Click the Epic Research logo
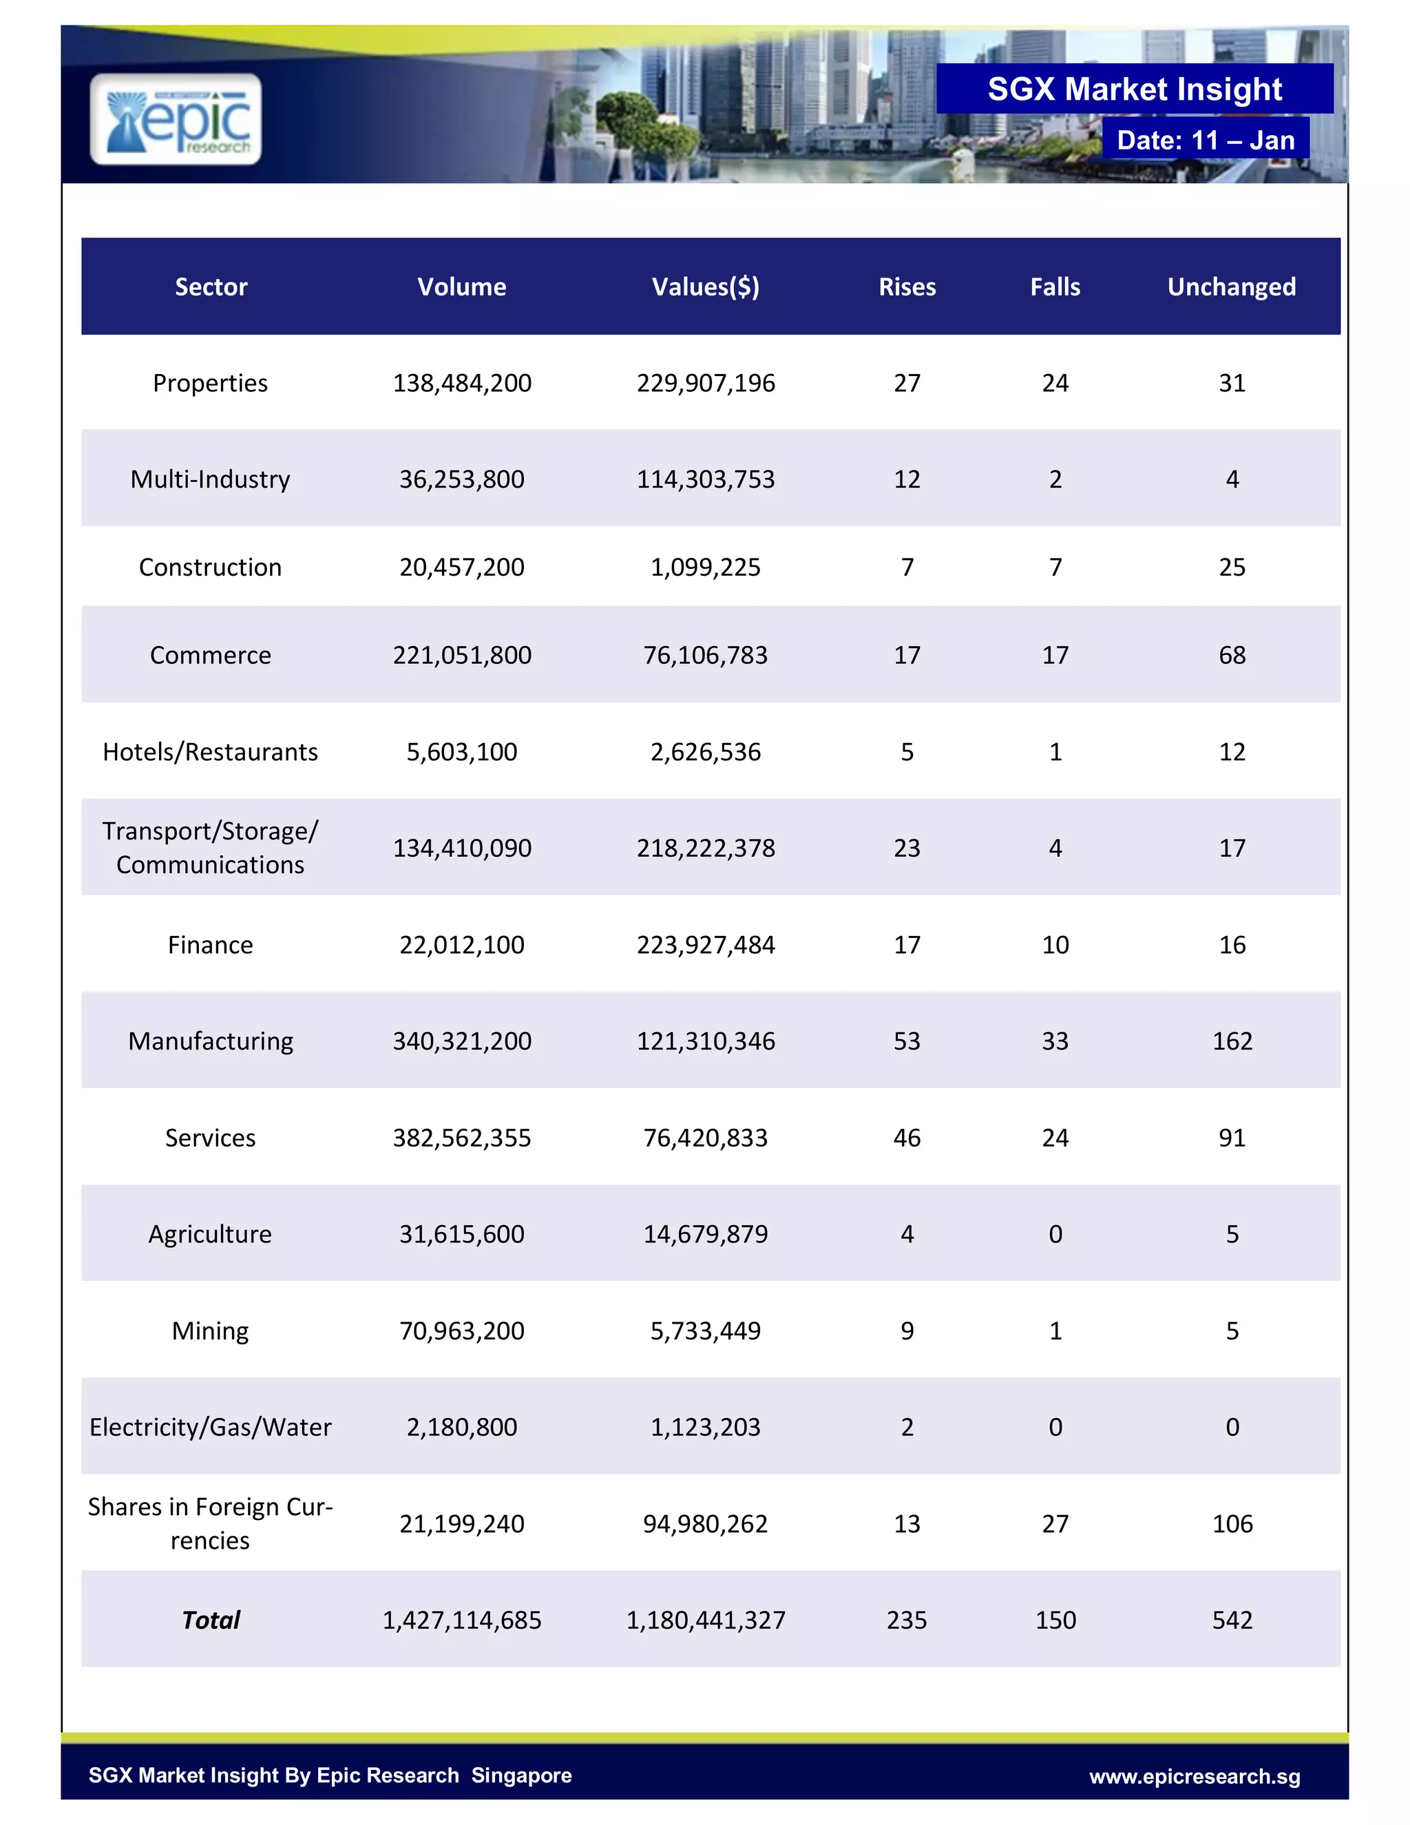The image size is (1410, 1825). [x=176, y=118]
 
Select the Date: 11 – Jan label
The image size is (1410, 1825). [x=1206, y=140]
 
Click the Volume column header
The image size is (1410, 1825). [x=462, y=286]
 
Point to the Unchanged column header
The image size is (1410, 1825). [x=1231, y=286]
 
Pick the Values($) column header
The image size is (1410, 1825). [x=705, y=286]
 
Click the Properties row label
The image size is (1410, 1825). [x=211, y=383]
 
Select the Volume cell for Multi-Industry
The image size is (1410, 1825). [x=462, y=479]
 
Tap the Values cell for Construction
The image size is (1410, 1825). [x=705, y=567]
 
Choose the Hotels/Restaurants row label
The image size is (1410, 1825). [x=211, y=752]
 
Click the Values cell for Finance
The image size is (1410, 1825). [x=705, y=945]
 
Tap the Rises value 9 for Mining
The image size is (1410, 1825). [x=907, y=1331]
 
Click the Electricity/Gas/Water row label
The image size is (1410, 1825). [x=211, y=1427]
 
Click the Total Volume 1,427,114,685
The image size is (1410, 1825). [x=462, y=1620]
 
